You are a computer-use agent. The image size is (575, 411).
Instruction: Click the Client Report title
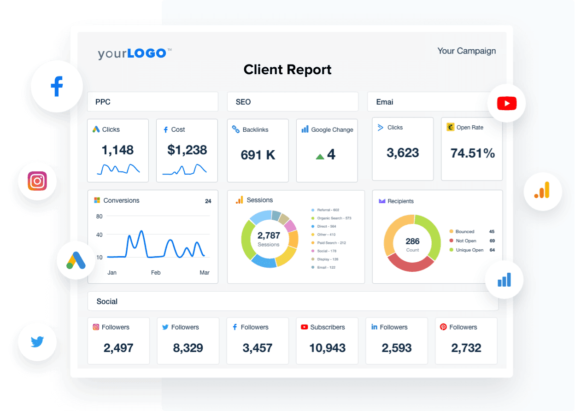287,70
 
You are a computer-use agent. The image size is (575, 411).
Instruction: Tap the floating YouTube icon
507,103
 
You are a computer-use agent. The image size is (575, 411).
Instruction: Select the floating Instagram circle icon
37,181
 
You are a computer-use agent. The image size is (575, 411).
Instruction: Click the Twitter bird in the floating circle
37,342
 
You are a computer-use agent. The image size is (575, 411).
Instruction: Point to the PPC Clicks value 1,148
117,150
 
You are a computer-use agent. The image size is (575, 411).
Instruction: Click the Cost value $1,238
187,150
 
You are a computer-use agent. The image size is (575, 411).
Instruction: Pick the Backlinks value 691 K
258,155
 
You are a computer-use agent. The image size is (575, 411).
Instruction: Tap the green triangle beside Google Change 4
320,157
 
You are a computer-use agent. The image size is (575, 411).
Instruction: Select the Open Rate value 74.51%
472,153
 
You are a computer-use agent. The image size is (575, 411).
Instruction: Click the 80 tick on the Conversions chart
100,217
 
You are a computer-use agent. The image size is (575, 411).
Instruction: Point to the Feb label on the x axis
156,273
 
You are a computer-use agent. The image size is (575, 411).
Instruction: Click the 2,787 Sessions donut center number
269,236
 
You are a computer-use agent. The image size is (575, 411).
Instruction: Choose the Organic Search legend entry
334,218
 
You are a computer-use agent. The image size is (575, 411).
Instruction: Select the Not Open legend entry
466,241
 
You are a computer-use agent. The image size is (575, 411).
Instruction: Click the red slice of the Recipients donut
410,263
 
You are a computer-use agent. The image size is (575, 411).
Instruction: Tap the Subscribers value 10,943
327,348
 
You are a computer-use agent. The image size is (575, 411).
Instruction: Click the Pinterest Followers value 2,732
466,348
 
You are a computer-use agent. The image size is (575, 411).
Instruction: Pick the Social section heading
107,301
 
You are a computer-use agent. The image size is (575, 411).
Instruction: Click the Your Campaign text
466,51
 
